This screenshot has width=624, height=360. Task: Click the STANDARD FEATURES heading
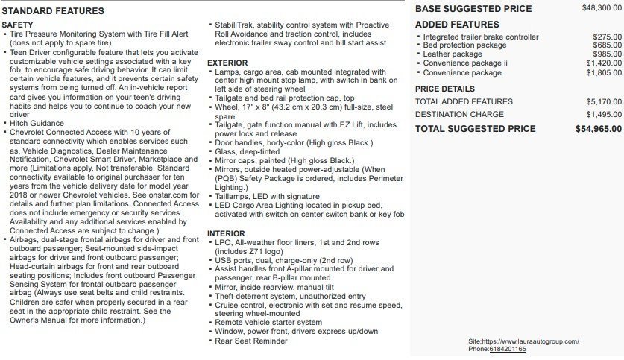(x=52, y=11)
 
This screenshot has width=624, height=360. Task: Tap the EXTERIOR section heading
(x=227, y=63)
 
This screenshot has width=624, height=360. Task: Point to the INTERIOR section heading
(x=226, y=233)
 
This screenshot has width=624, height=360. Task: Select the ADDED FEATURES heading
(x=457, y=25)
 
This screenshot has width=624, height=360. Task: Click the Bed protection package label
(x=464, y=45)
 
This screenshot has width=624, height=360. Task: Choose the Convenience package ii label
(x=465, y=63)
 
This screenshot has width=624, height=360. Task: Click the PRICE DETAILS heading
(x=445, y=89)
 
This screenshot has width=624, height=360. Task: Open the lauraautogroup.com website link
(x=530, y=341)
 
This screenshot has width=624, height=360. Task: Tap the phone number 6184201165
(x=507, y=349)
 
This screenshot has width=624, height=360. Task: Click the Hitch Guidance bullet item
(x=38, y=123)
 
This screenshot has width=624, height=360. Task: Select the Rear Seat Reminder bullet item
(x=250, y=341)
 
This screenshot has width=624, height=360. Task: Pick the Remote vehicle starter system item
(x=268, y=323)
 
